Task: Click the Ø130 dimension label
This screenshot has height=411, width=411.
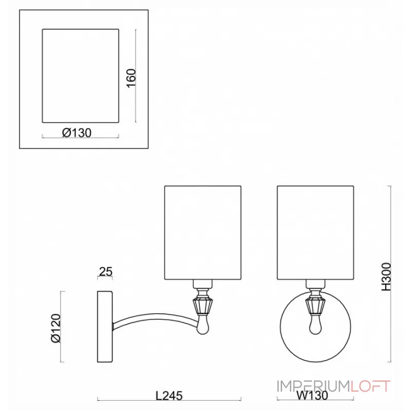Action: (x=77, y=133)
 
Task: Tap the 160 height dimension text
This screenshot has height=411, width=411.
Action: (x=131, y=78)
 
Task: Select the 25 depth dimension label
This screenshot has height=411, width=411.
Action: (x=106, y=272)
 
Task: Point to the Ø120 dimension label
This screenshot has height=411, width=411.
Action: (x=56, y=328)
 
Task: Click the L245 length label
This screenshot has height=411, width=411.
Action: (x=169, y=396)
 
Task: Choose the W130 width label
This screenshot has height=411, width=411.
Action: (x=312, y=396)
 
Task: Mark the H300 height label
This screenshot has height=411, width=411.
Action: (x=386, y=276)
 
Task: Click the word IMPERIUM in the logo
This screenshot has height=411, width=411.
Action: (x=313, y=386)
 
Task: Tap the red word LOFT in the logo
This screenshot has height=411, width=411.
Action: (x=370, y=386)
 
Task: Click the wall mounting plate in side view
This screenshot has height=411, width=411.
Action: (x=105, y=327)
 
